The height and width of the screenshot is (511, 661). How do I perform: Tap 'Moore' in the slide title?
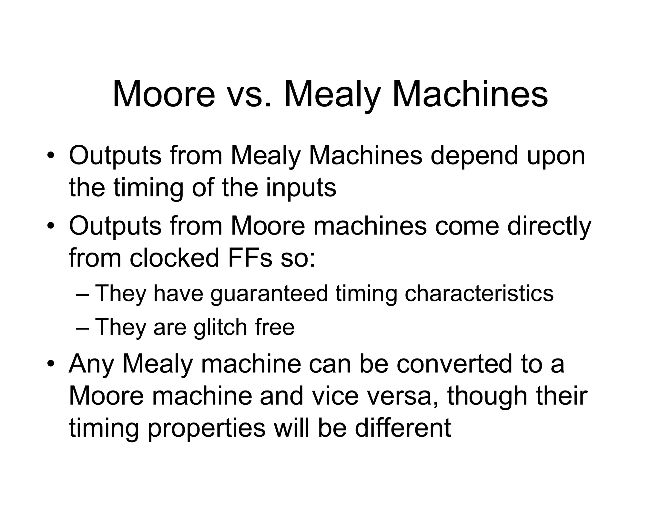(164, 94)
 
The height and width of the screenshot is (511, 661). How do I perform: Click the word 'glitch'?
(220, 328)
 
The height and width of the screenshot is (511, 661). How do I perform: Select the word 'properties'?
(207, 429)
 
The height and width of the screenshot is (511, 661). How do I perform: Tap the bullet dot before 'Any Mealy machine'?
(50, 364)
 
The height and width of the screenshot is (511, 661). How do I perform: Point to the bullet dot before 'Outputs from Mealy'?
(50, 155)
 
